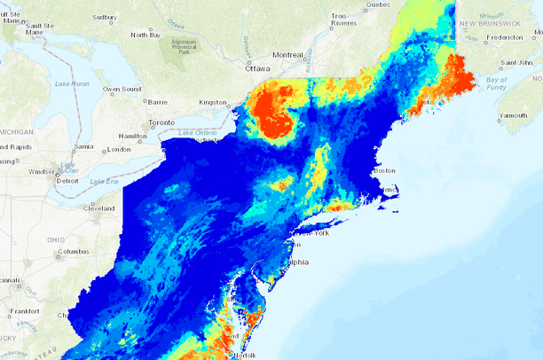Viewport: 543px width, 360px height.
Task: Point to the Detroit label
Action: [x=67, y=180]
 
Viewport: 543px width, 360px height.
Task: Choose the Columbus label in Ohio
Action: [x=75, y=252]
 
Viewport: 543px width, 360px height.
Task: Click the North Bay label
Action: [x=146, y=35]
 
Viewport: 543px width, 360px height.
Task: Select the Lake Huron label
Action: [x=72, y=83]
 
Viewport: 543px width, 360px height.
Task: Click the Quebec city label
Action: [x=378, y=4]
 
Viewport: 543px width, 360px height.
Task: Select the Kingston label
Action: [x=213, y=102]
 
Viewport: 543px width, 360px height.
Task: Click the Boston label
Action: [x=384, y=170]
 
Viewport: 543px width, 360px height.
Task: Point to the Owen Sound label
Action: [x=122, y=89]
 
